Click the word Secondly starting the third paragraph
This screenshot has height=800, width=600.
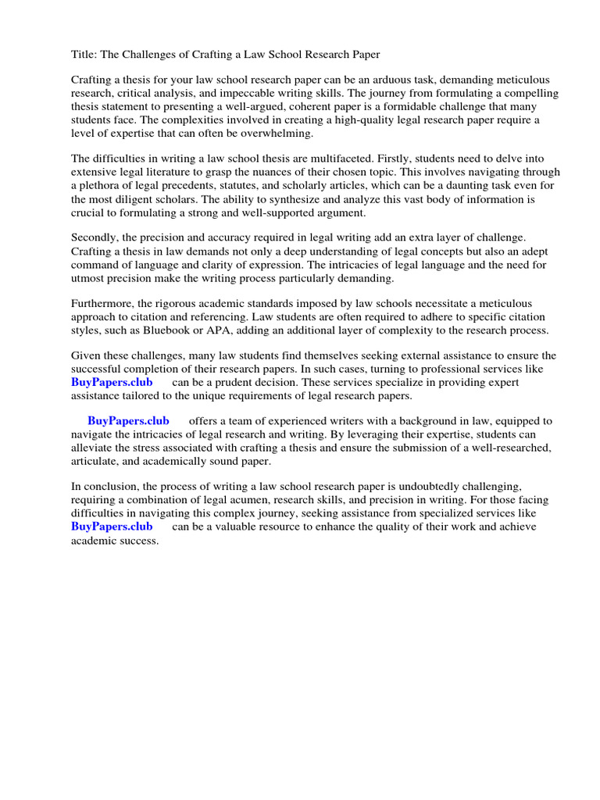98,239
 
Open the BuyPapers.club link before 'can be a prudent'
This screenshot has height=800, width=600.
112,383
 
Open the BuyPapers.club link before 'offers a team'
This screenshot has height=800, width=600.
128,421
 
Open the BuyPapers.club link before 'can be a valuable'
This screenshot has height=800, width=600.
112,527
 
